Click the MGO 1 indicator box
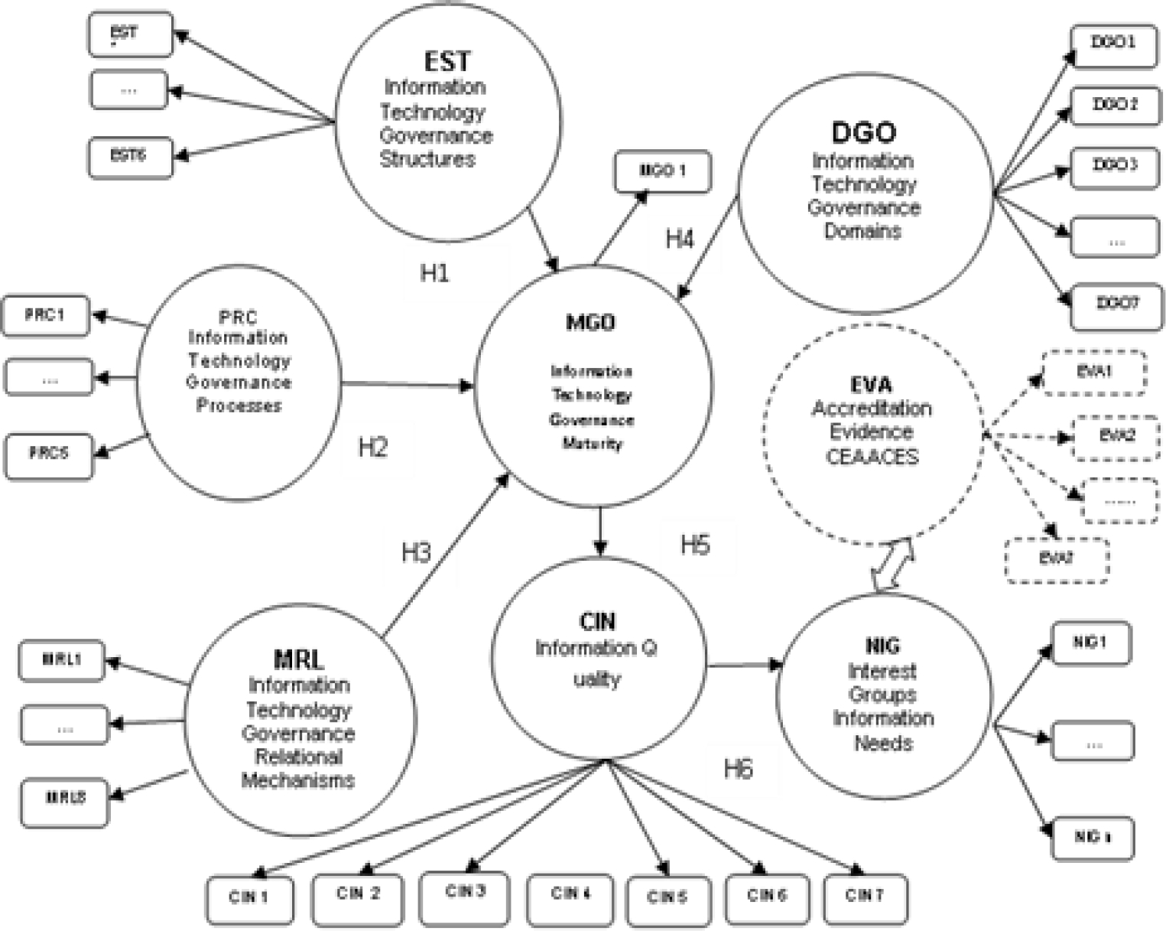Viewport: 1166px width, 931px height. [662, 171]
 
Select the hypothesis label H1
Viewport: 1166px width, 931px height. [434, 272]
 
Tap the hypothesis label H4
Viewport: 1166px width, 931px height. [679, 239]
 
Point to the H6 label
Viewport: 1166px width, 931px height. [738, 768]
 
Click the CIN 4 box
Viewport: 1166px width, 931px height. [570, 894]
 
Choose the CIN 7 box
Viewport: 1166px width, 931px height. [865, 896]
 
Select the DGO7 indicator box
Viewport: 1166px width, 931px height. [1116, 305]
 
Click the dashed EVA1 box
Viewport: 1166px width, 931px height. [1094, 372]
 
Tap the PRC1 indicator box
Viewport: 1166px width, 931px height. [45, 315]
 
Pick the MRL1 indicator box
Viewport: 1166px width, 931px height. [62, 659]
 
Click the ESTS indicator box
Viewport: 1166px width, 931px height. [129, 156]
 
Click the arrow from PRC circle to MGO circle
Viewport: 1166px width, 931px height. [405, 384]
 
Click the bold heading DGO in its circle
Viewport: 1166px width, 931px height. [863, 132]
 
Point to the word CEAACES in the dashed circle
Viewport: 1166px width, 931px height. [872, 457]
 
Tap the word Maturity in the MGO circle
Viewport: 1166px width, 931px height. [592, 444]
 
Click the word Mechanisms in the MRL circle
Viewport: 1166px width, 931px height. [298, 780]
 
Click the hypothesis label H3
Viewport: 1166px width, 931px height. [416, 552]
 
